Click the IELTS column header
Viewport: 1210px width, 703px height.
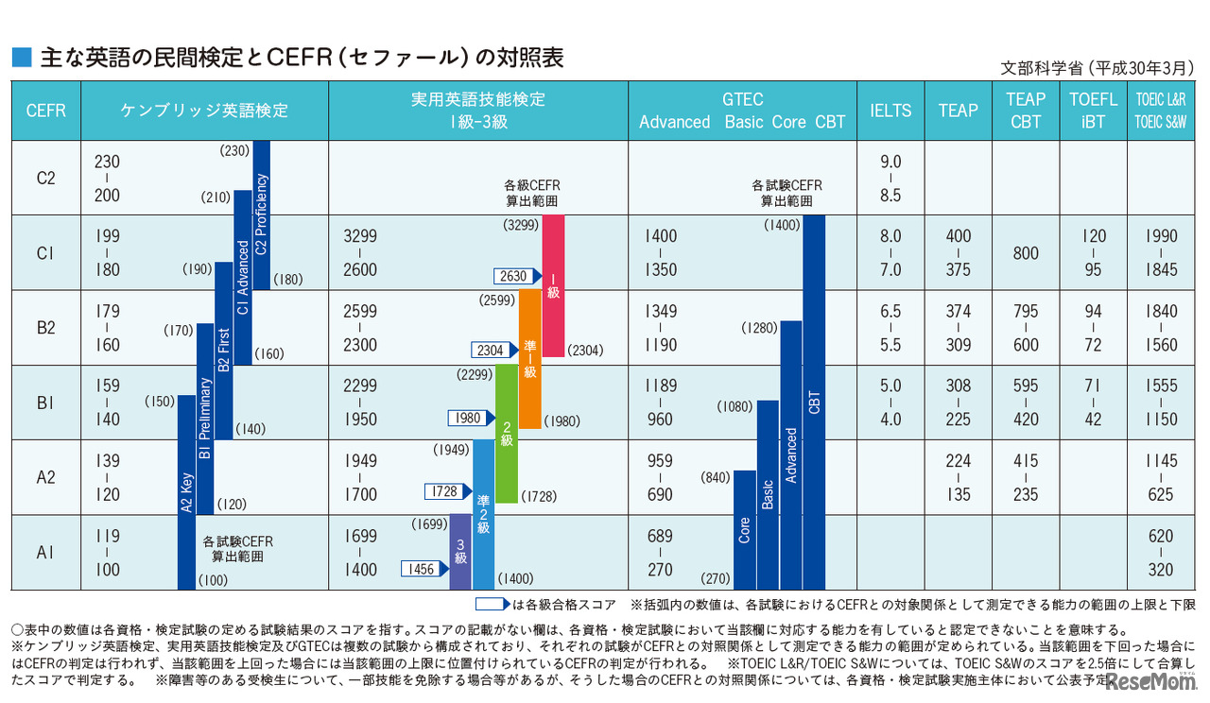[x=890, y=111]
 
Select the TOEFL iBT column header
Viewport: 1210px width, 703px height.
[x=1093, y=111]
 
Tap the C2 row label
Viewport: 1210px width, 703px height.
[x=45, y=178]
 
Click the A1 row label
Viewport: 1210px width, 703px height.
[x=45, y=553]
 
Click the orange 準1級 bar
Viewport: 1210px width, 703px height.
[x=530, y=359]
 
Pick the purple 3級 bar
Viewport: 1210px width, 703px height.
[x=459, y=552]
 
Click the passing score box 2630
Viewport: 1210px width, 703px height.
[x=516, y=276]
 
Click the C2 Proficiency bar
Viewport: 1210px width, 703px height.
[x=262, y=214]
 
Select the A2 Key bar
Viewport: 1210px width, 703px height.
[x=187, y=491]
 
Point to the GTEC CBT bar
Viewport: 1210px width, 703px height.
[x=814, y=402]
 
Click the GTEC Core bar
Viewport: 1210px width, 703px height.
[x=744, y=529]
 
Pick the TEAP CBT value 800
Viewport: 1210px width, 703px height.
[x=1025, y=253]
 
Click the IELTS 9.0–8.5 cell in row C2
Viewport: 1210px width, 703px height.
[x=890, y=178]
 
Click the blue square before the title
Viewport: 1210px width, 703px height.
[x=21, y=58]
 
